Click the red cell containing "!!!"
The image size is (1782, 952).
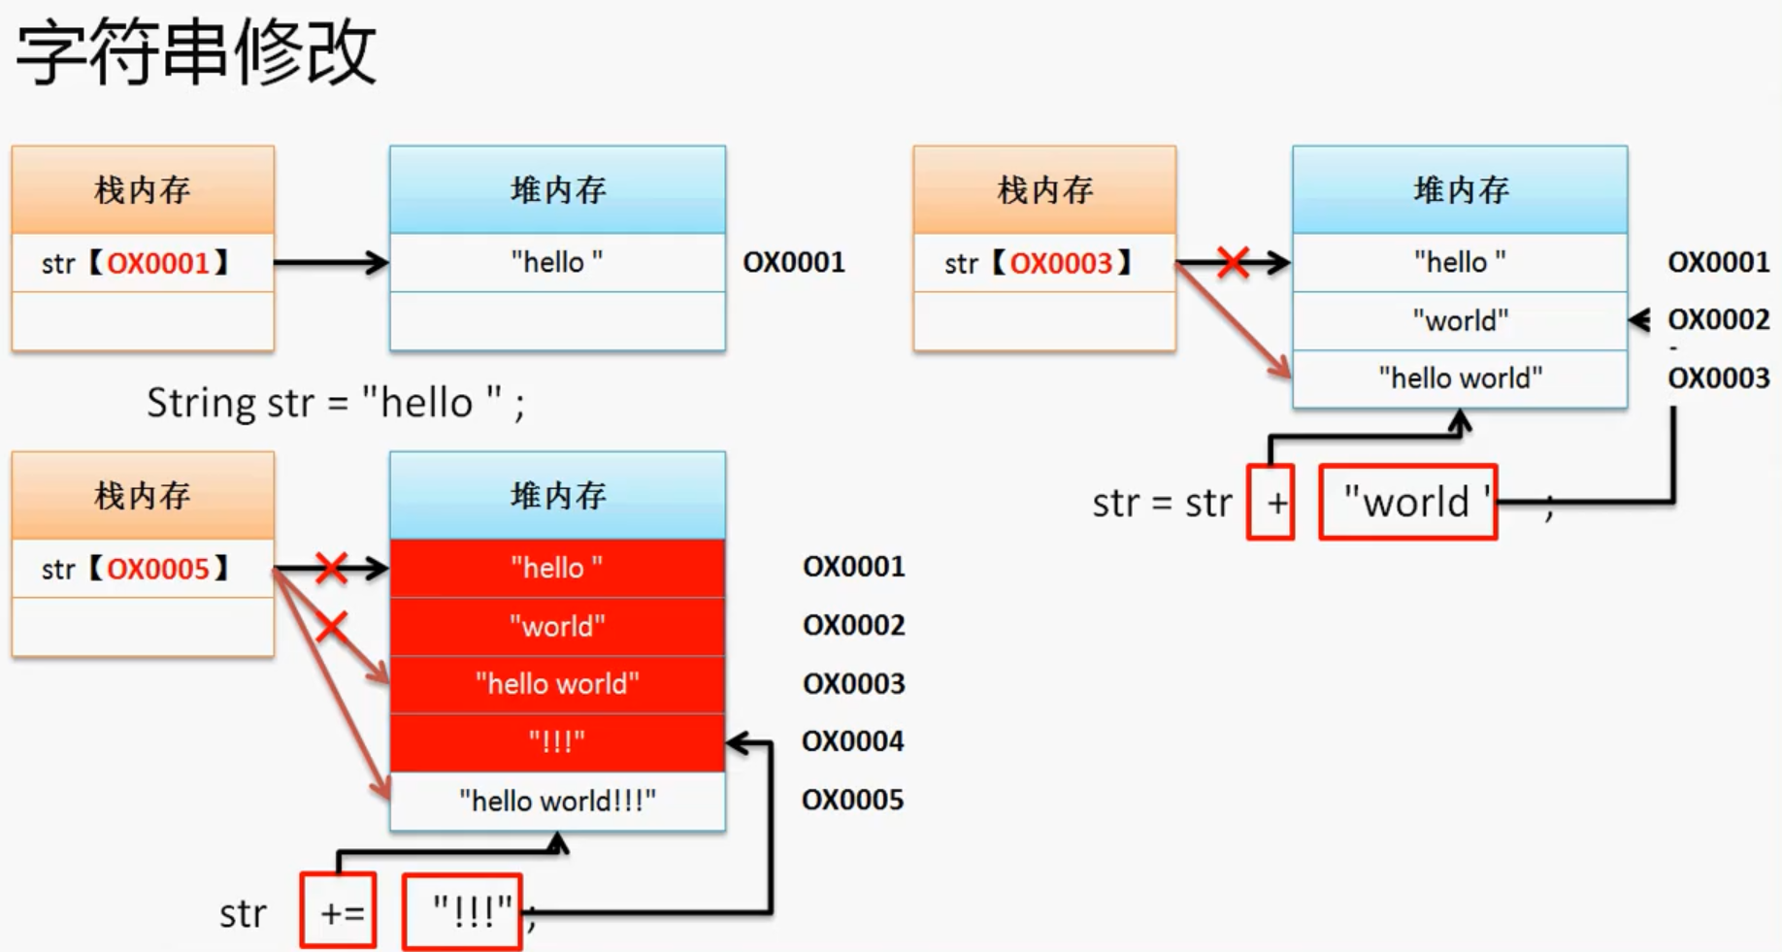tap(557, 742)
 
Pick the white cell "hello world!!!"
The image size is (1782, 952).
tap(557, 801)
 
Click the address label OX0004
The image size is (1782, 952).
tap(852, 741)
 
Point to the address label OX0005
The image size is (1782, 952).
tap(852, 800)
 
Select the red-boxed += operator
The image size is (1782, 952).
tap(339, 910)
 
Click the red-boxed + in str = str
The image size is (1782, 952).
tap(1271, 502)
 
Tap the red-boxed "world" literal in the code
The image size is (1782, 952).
tap(1407, 502)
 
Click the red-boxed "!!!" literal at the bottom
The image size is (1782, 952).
tap(463, 910)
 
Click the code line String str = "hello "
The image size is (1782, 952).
tap(335, 403)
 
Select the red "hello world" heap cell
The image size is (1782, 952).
tap(557, 684)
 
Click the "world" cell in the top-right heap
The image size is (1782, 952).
tap(1460, 320)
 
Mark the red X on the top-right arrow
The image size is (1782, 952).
tap(1233, 262)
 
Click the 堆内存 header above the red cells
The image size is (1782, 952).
tap(557, 495)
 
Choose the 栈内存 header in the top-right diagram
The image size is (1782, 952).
tap(1043, 189)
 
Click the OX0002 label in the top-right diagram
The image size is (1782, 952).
tap(1718, 319)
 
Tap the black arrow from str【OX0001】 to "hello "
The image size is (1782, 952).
tap(330, 262)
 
